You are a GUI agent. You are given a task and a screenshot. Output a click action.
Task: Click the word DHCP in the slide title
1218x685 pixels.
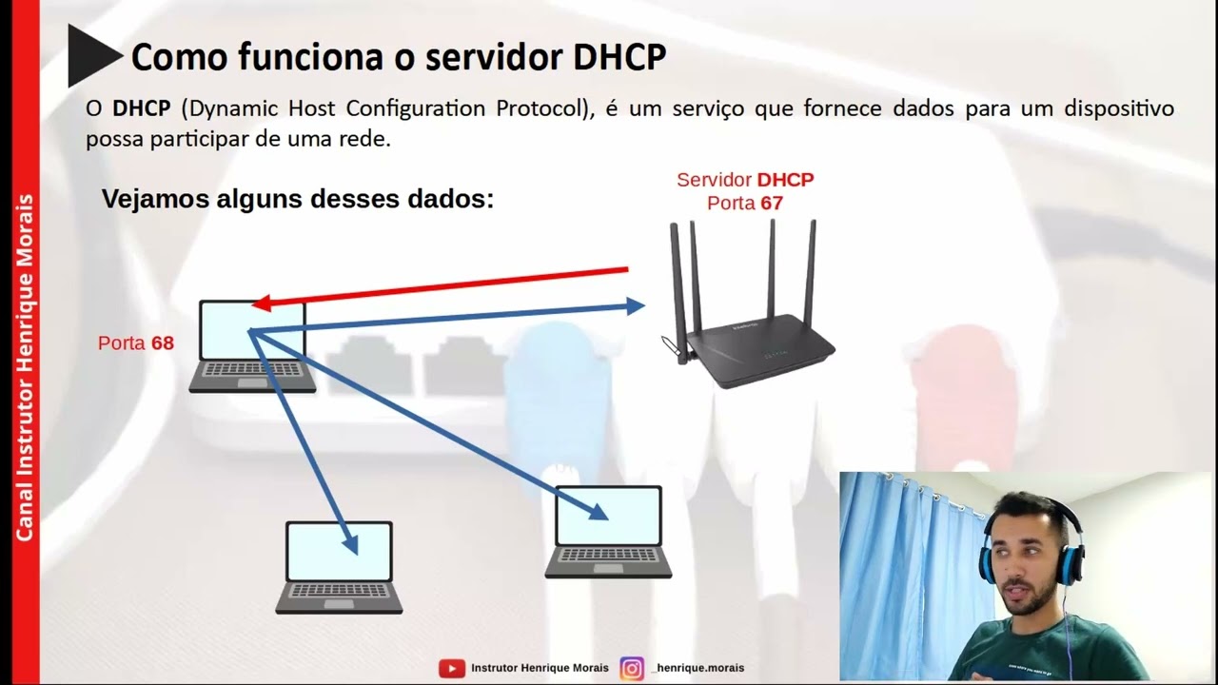[619, 57]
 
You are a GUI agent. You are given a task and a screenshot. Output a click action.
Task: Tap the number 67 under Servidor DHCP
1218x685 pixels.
[771, 203]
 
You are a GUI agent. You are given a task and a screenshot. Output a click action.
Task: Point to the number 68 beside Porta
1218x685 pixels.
[163, 343]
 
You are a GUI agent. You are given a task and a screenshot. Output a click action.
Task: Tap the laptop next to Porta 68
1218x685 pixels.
[252, 347]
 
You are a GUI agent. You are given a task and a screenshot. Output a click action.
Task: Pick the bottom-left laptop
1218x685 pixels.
[339, 567]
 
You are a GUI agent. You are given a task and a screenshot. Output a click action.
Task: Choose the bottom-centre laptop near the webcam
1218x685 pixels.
[608, 532]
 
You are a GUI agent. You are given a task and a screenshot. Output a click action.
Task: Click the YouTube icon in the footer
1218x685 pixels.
[452, 668]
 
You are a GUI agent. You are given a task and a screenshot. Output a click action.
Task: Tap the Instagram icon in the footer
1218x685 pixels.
[632, 668]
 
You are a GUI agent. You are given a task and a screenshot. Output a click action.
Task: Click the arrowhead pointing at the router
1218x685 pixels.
[634, 305]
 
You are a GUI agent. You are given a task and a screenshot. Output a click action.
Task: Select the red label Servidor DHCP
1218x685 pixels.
[745, 180]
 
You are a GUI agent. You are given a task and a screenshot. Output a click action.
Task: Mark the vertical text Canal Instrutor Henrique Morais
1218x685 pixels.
[25, 367]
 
